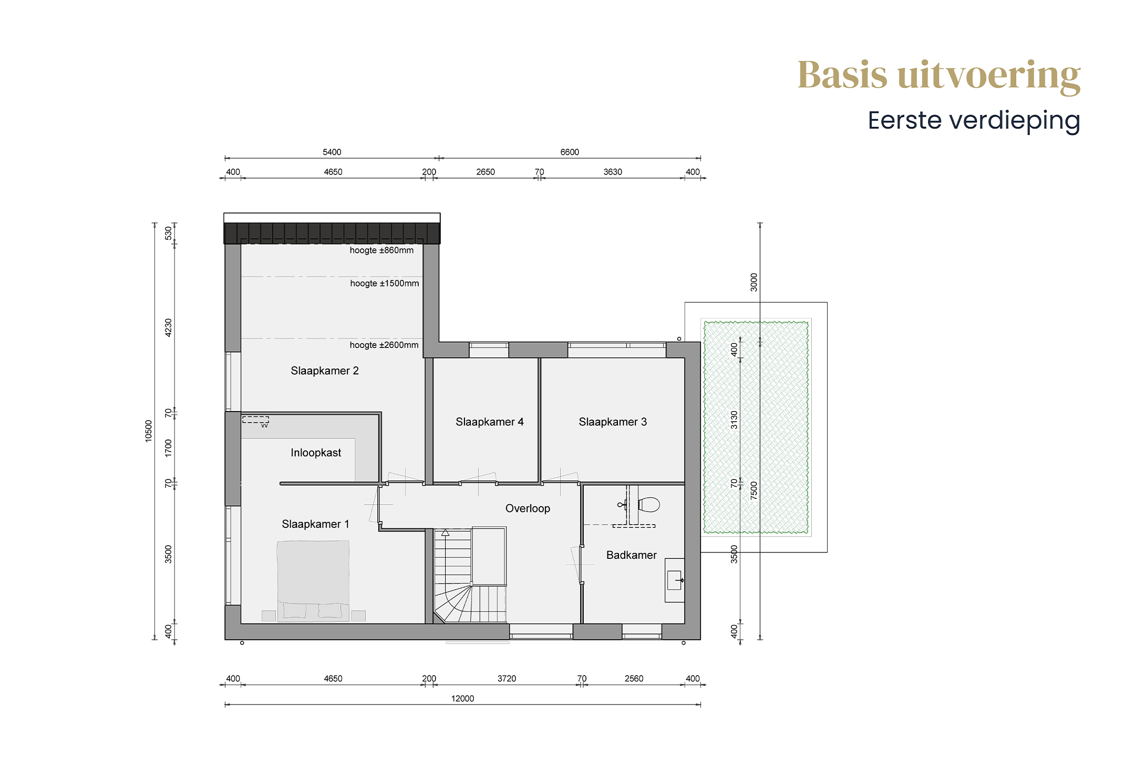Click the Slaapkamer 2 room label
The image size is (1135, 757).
325,371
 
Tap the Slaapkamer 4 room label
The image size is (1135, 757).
490,422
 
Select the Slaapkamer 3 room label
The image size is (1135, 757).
613,422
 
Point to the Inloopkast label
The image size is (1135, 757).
316,453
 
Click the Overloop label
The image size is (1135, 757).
528,509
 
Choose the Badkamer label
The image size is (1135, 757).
632,555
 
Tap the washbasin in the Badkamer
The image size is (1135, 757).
675,580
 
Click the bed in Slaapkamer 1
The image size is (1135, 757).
313,581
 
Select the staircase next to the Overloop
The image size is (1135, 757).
470,576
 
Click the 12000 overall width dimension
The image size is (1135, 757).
462,699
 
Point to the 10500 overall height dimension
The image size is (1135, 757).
148,431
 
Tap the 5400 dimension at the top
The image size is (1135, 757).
332,152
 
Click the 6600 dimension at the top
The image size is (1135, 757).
570,152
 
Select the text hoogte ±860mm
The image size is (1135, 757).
382,251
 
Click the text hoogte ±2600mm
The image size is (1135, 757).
384,345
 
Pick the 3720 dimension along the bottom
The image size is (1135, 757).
507,679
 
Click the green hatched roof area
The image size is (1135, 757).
756,427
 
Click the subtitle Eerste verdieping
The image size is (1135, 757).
974,121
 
